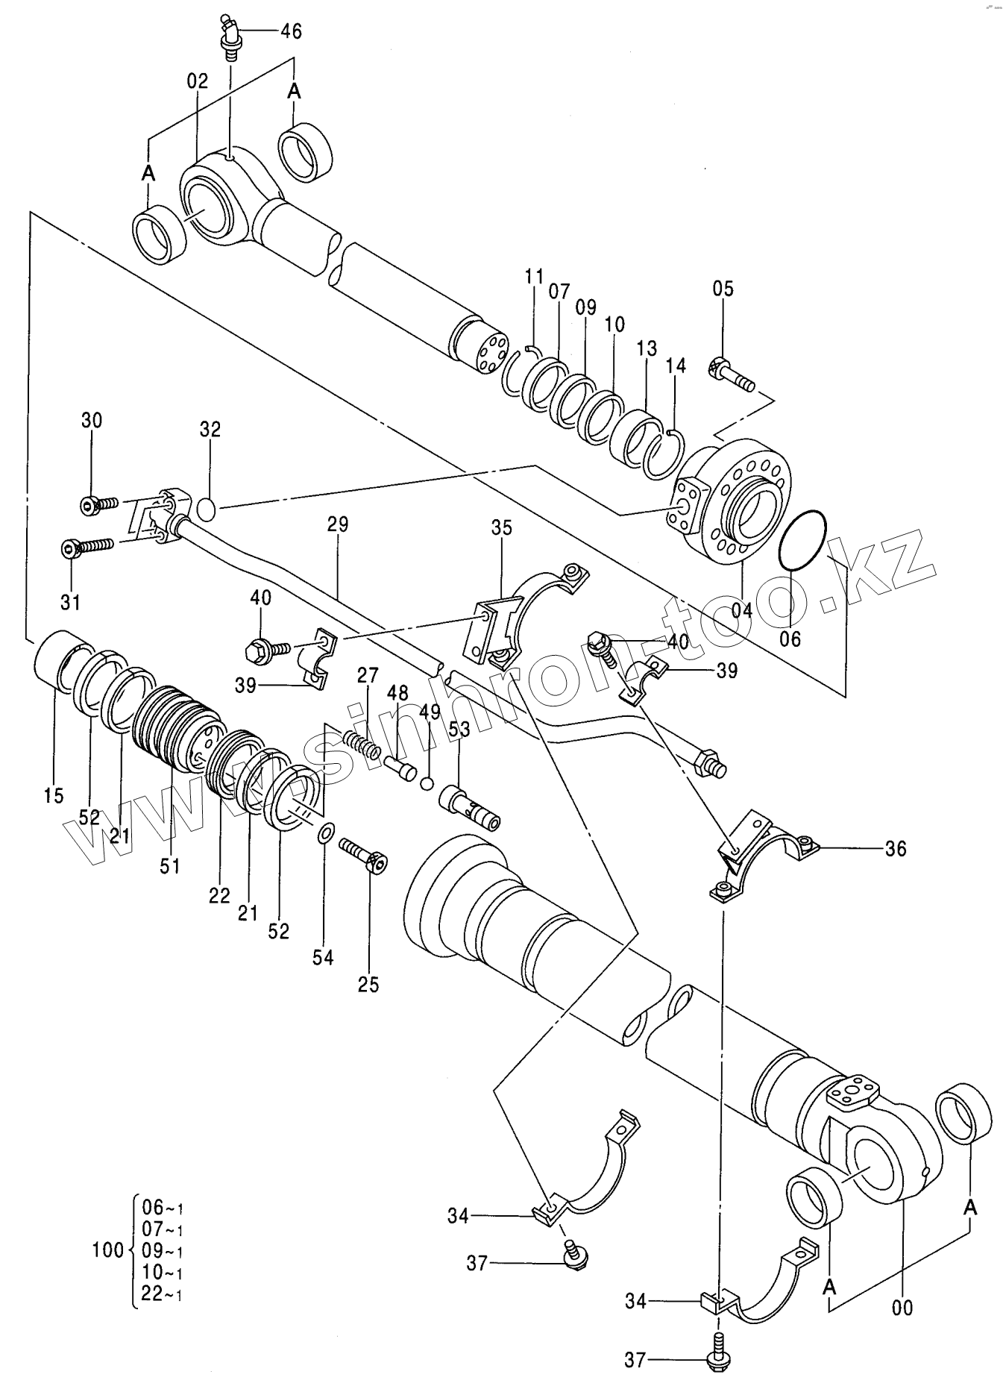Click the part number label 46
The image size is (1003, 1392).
pos(291,31)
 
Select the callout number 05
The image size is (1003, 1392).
pos(723,289)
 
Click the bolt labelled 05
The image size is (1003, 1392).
pos(730,374)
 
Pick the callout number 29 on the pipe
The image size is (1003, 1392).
pos(338,524)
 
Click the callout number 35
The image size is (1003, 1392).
pos(502,528)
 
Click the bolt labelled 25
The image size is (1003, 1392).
pos(362,855)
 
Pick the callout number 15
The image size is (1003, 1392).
pos(54,796)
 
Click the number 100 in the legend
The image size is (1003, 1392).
pos(108,1250)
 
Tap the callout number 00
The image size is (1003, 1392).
pos(902,1307)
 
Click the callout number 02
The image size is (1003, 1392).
pos(198,81)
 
